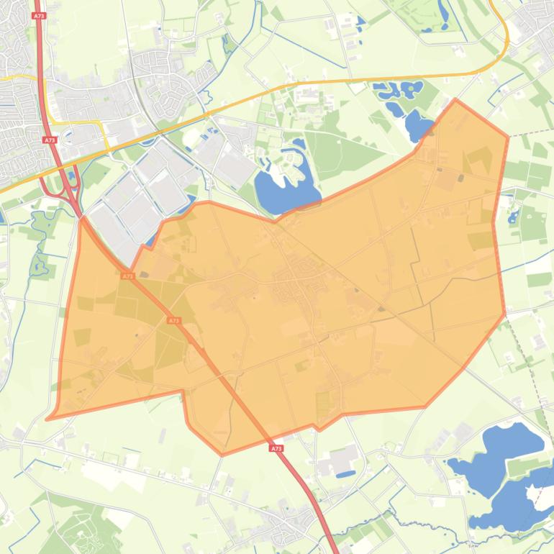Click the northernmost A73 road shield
38,14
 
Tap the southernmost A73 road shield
277,448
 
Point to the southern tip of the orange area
222,455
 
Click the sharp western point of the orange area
47,419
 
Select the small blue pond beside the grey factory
345,474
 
